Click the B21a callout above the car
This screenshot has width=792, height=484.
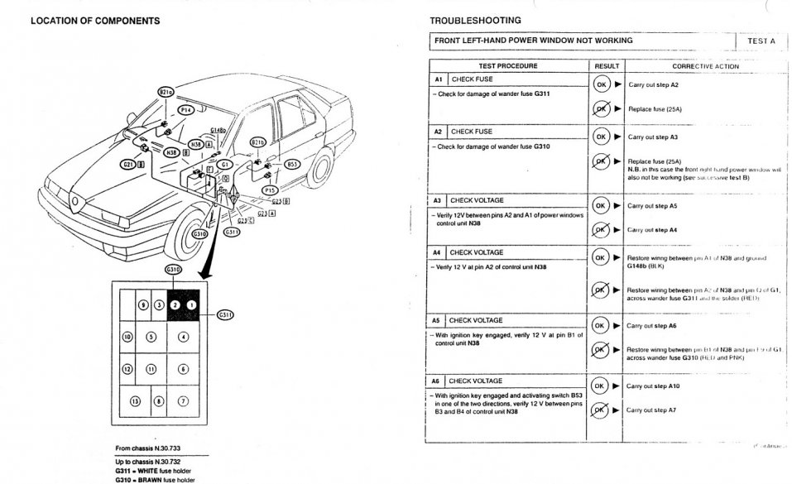[166, 93]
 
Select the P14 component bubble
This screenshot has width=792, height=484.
[186, 109]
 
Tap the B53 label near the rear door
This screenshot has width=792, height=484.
[292, 164]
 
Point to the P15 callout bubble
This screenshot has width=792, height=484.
[269, 189]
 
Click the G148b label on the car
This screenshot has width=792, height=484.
[218, 131]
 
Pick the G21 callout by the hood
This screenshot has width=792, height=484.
[128, 164]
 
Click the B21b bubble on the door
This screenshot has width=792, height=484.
[258, 142]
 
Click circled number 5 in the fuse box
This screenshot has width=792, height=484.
[150, 337]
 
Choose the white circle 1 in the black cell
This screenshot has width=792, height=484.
[190, 304]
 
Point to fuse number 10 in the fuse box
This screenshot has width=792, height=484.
[127, 337]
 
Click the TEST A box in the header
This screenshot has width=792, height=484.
[761, 40]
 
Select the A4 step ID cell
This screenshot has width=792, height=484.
[438, 252]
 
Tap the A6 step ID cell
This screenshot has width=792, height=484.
[438, 381]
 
